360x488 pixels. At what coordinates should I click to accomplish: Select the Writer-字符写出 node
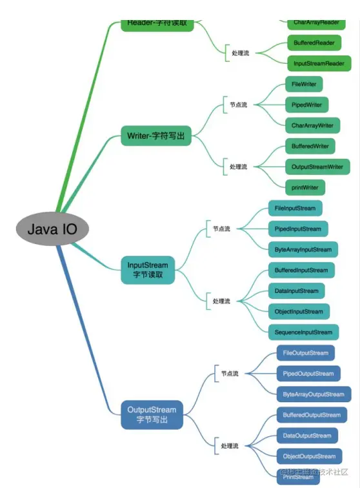coord(156,136)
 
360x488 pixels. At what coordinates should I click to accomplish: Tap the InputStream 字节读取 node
coord(148,270)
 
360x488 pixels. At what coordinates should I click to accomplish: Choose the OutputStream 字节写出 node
coord(152,414)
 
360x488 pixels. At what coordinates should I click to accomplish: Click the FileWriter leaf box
coord(304,84)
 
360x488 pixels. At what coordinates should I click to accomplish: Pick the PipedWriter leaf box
coord(306,105)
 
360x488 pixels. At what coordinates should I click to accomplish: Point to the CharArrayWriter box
coord(312,125)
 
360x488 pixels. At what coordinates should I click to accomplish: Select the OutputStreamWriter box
coord(317,167)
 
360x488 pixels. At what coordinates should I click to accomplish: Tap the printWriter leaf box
coord(305,187)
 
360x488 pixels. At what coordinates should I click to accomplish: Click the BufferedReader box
coord(313,43)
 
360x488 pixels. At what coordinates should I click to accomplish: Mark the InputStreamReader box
coord(319,63)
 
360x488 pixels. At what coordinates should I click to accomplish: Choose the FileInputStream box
coord(295,208)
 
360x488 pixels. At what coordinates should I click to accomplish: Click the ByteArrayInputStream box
coord(303,249)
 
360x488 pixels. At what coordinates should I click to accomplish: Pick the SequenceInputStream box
coord(303,332)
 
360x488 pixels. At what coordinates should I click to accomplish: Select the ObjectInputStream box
coord(299,311)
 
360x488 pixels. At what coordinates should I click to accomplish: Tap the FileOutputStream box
coord(306,353)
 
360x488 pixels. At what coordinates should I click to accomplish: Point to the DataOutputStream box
coord(307,436)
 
